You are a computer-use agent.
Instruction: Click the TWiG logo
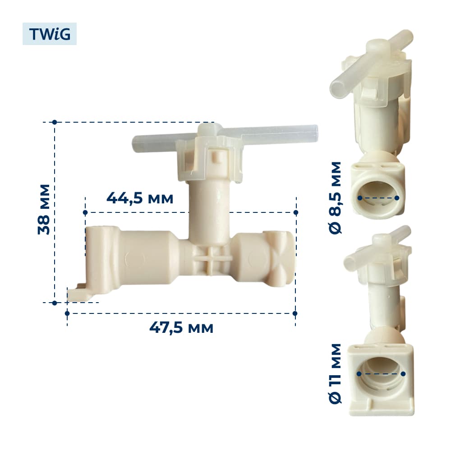(x=50, y=34)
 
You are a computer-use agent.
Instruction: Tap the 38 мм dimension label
(x=44, y=209)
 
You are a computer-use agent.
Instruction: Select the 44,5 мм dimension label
(x=140, y=198)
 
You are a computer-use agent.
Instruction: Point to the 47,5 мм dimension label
(x=181, y=327)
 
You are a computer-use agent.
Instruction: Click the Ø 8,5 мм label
(x=335, y=198)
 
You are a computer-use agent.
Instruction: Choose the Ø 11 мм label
(x=335, y=373)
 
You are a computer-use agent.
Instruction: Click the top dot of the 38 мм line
(x=55, y=122)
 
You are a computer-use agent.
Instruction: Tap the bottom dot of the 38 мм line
(x=55, y=303)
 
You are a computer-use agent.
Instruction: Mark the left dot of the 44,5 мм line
(x=85, y=212)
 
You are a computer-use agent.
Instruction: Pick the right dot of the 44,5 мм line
(x=296, y=212)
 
